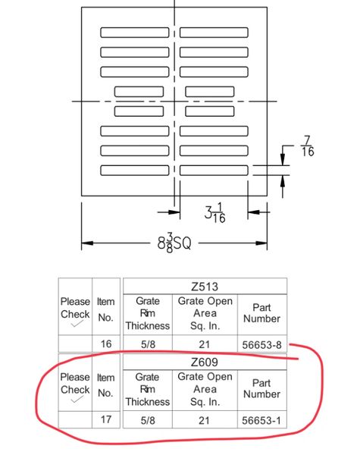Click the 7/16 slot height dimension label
click(x=308, y=146)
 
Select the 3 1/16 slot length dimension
click(x=214, y=213)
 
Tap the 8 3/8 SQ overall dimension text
click(x=174, y=243)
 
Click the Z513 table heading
click(x=205, y=287)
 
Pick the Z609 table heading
click(x=205, y=362)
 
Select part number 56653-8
click(x=262, y=345)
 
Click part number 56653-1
click(x=261, y=420)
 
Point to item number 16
click(x=106, y=344)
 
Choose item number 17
click(x=106, y=419)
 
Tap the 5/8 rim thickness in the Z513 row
click(x=148, y=344)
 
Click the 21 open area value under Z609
click(x=204, y=420)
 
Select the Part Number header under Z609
click(x=261, y=388)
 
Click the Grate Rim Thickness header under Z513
click(x=148, y=313)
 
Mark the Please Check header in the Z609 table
click(x=75, y=383)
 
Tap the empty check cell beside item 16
click(x=76, y=344)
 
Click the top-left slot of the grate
click(x=135, y=33)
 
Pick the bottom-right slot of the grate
click(x=214, y=171)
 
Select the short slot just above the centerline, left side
click(x=139, y=92)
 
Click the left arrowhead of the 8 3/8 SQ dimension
click(x=87, y=243)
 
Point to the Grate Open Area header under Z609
click(x=205, y=389)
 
